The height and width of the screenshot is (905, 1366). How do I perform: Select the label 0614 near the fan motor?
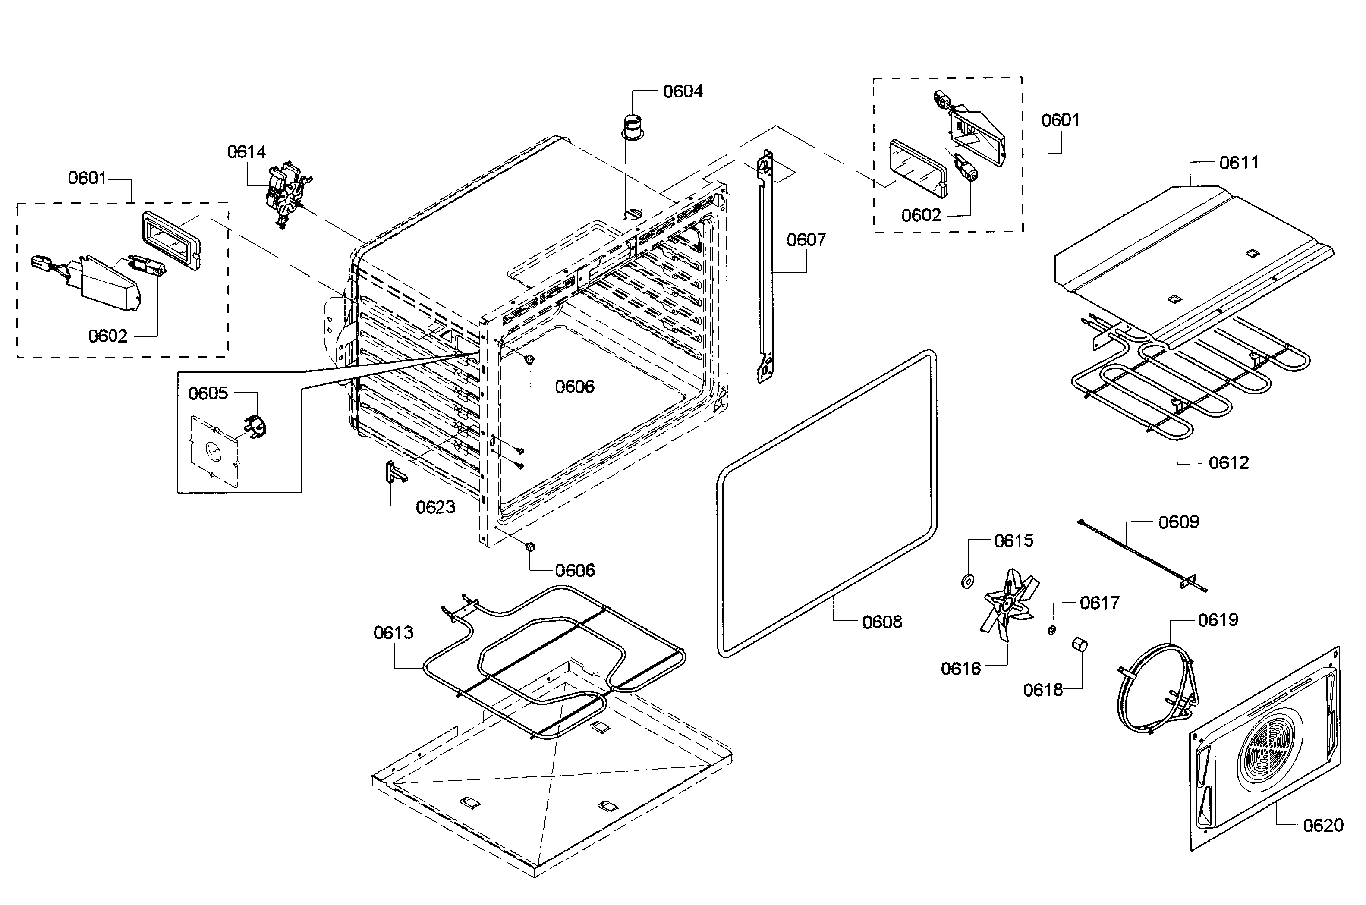(x=246, y=152)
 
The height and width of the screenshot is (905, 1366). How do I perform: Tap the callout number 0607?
(x=806, y=239)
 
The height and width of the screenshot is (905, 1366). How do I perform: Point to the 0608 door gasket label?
(x=881, y=622)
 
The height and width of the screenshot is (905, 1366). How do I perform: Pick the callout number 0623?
(x=435, y=507)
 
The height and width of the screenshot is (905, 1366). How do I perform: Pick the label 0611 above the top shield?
(x=1238, y=163)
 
